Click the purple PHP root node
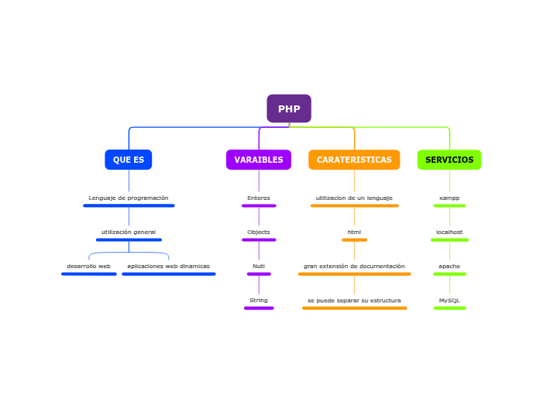[x=289, y=108]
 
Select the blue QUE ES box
[x=129, y=160]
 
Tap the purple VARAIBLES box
[x=259, y=160]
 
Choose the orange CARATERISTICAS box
[x=354, y=160]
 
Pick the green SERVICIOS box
[x=449, y=160]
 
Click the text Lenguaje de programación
[x=129, y=198]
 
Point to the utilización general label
[x=129, y=232]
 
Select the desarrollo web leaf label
[x=88, y=267]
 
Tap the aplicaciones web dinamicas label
[x=168, y=267]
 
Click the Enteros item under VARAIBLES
[x=259, y=198]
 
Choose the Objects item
[x=259, y=232]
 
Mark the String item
[x=259, y=301]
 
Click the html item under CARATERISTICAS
[x=354, y=232]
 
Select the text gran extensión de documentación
[x=354, y=267]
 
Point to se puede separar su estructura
[x=354, y=301]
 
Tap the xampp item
[x=449, y=198]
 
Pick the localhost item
[x=449, y=232]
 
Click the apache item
[x=449, y=267]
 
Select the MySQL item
[x=449, y=301]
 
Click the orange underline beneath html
[x=354, y=240]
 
